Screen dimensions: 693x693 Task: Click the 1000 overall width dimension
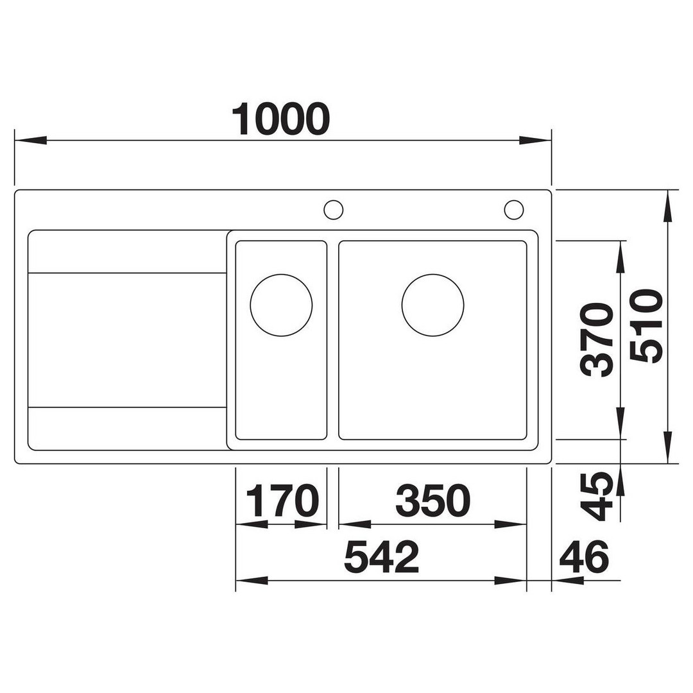[x=281, y=119]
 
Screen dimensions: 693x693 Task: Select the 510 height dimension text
[x=646, y=326]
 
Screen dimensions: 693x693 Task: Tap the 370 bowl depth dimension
[x=597, y=340]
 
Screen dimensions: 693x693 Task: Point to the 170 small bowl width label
[x=282, y=501]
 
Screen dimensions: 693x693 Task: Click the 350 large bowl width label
[x=432, y=501]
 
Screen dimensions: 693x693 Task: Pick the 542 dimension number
[x=381, y=556]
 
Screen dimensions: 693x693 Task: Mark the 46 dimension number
[x=584, y=556]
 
